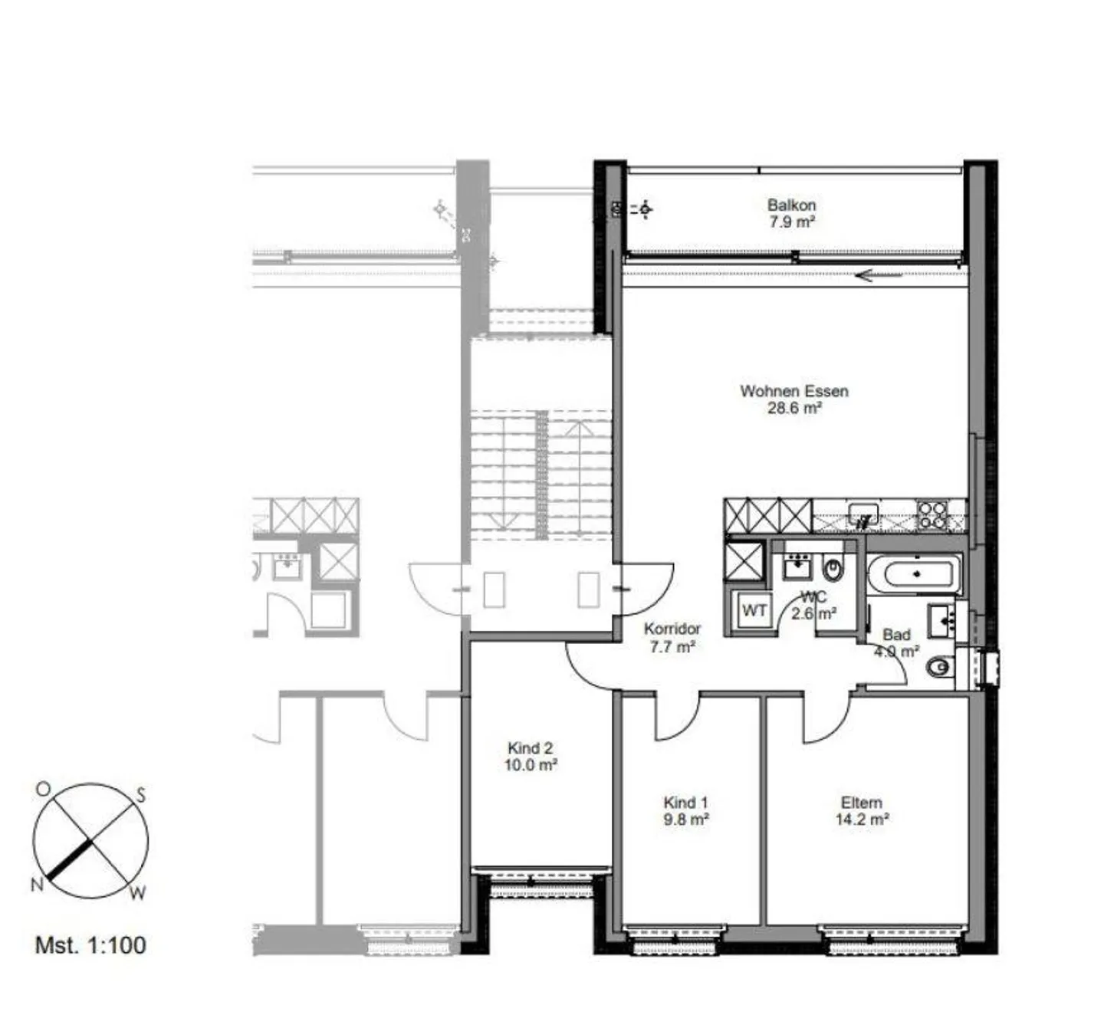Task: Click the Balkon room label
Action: pos(791,205)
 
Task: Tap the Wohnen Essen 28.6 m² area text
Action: pos(794,408)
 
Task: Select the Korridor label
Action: pos(672,629)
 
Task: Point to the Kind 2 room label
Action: pos(531,748)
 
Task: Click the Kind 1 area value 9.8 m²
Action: pos(685,820)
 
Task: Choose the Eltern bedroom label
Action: pos(862,803)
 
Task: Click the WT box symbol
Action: pos(754,611)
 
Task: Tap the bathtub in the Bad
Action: pos(912,573)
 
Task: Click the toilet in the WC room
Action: pos(833,570)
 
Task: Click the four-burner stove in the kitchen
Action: pos(932,514)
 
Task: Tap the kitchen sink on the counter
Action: pos(864,512)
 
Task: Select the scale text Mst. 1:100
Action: pos(90,944)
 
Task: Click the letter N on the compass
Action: pos(36,885)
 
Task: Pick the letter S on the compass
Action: pos(141,795)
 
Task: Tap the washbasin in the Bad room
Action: pos(942,620)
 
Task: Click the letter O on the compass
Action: pos(43,789)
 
